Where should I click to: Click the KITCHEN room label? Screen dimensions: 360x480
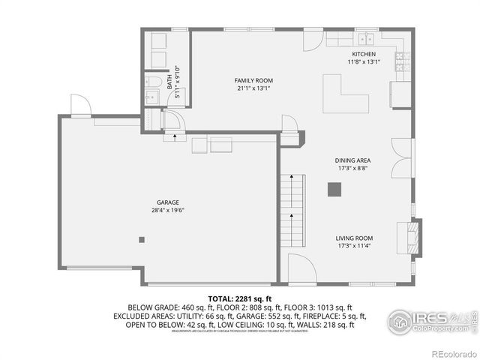364,54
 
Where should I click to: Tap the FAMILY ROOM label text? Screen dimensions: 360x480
253,80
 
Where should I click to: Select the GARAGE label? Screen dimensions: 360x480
167,202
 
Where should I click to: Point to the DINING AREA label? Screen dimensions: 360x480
352,160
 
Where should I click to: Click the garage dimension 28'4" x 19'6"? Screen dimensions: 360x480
167,211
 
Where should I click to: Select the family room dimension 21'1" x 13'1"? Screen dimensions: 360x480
253,88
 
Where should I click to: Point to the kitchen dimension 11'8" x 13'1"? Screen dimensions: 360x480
364,62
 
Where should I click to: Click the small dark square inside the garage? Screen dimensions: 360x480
141,240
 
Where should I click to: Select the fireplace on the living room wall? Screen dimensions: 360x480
412,234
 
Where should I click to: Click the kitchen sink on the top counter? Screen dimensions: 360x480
366,38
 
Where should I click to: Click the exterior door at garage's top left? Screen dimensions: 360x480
81,106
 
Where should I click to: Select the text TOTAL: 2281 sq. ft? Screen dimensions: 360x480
239,298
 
